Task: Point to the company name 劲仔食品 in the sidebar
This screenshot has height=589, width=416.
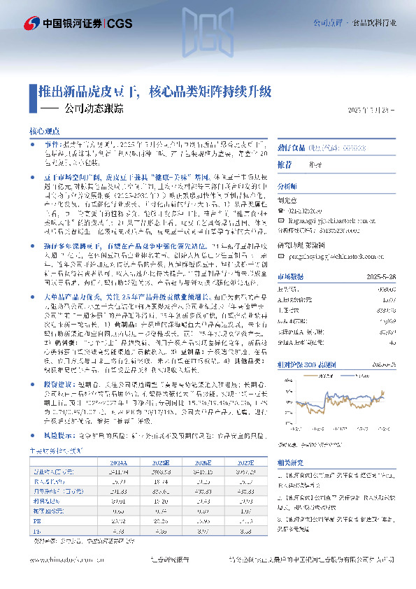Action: (288, 148)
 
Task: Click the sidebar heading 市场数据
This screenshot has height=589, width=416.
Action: (290, 276)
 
